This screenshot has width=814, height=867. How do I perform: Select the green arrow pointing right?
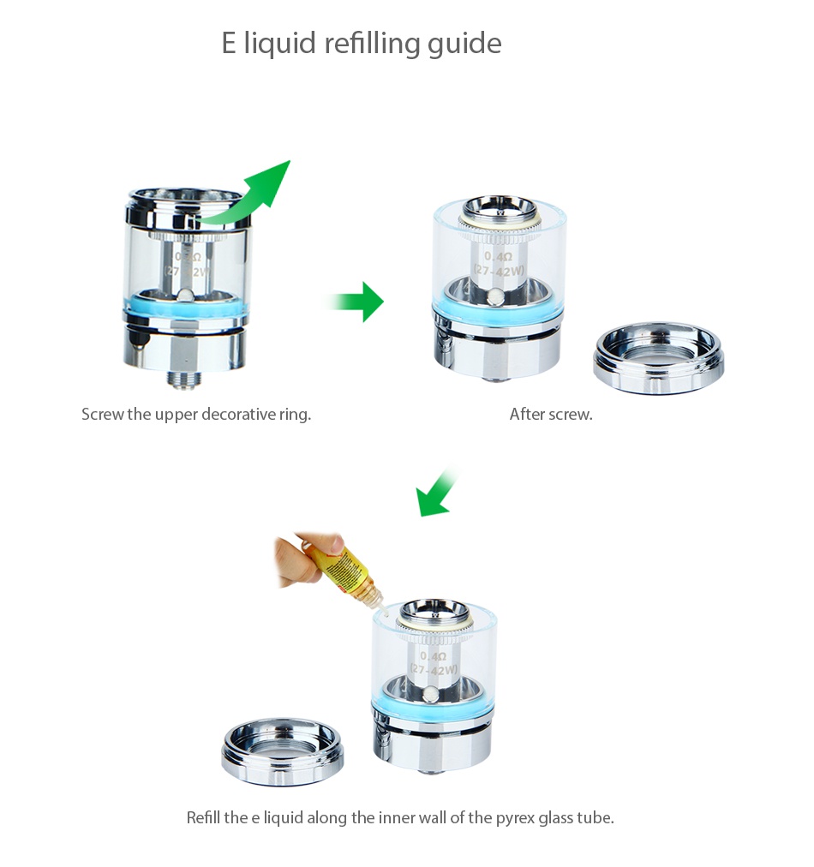(359, 302)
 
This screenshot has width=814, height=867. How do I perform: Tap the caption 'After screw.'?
(551, 415)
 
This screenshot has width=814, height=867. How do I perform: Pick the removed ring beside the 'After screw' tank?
(658, 357)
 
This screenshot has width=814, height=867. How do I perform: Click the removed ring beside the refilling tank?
(283, 751)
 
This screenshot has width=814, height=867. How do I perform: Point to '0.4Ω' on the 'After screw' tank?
(498, 256)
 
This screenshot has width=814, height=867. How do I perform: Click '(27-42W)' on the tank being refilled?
(434, 669)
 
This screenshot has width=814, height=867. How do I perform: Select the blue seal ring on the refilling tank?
(434, 710)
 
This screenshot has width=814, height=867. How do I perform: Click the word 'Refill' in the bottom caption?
(204, 817)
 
